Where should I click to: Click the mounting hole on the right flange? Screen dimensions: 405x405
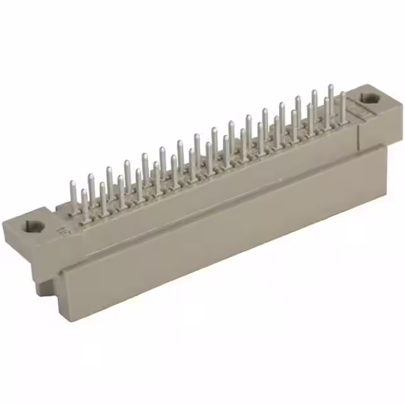tap(369, 99)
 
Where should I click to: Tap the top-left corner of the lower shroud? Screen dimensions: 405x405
tap(61, 268)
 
